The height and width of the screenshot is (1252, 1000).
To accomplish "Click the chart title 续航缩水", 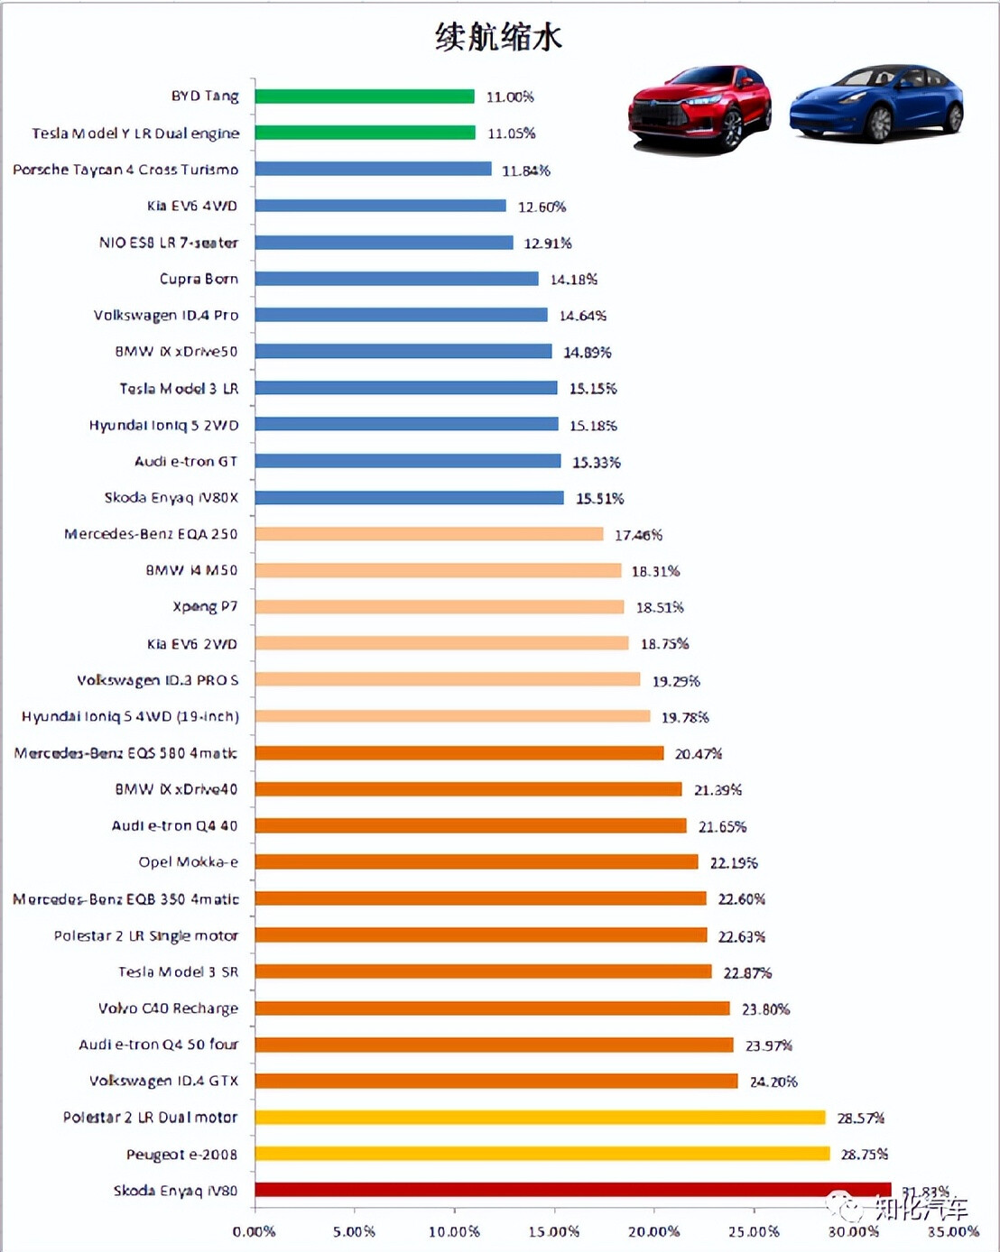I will pyautogui.click(x=498, y=37).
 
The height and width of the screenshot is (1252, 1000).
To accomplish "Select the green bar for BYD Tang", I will pyautogui.click(x=365, y=97).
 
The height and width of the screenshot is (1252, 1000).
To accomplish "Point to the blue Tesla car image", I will pyautogui.click(x=875, y=104).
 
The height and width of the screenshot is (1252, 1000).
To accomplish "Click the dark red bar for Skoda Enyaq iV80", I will pyautogui.click(x=572, y=1190).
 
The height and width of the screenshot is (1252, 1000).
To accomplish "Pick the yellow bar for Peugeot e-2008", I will pyautogui.click(x=542, y=1154).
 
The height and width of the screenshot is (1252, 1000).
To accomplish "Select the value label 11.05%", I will pyautogui.click(x=512, y=133).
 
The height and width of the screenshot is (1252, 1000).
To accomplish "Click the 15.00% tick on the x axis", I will pyautogui.click(x=553, y=1231).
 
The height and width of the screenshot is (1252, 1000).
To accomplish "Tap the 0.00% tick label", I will pyautogui.click(x=254, y=1231).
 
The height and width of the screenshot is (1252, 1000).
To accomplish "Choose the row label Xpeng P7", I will pyautogui.click(x=205, y=606).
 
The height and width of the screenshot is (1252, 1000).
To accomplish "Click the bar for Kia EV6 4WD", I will pyautogui.click(x=380, y=206).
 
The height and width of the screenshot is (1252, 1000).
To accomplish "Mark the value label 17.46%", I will pyautogui.click(x=638, y=535).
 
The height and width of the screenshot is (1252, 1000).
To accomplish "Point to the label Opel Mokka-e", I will pyautogui.click(x=188, y=861).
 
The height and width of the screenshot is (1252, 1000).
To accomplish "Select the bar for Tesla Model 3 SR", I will pyautogui.click(x=483, y=971).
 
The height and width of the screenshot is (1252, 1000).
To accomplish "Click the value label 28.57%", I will pyautogui.click(x=860, y=1118).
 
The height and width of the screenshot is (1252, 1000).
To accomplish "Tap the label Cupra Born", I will pyautogui.click(x=199, y=279).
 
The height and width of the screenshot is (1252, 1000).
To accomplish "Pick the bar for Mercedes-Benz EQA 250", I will pyautogui.click(x=429, y=534).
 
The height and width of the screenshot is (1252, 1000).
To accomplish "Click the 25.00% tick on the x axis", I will pyautogui.click(x=754, y=1231).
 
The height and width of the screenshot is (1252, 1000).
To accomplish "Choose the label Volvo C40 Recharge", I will pyautogui.click(x=168, y=1008).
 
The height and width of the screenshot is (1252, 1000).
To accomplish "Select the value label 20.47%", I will pyautogui.click(x=698, y=753).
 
